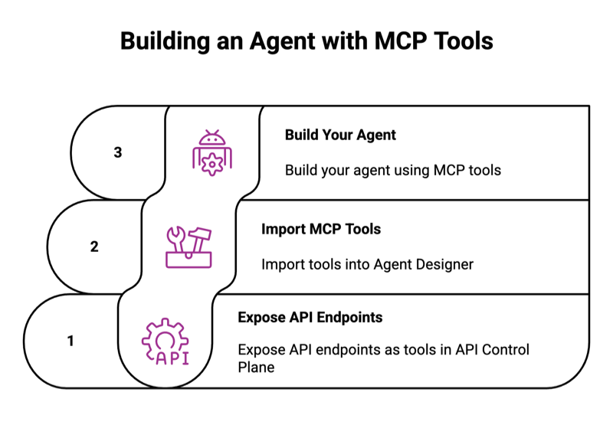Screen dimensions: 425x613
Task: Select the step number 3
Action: click(117, 152)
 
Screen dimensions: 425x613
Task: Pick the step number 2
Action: click(94, 247)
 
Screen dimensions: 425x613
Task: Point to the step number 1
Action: click(70, 341)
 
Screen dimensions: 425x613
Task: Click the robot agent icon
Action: click(211, 152)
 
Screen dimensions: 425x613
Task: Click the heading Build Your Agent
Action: click(340, 135)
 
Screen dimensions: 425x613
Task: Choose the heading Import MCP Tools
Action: click(321, 229)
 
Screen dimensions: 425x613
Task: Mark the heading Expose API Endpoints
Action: click(310, 317)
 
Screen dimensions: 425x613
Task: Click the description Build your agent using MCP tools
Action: click(393, 170)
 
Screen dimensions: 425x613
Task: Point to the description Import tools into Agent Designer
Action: click(368, 264)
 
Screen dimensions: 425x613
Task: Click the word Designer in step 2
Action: click(446, 264)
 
